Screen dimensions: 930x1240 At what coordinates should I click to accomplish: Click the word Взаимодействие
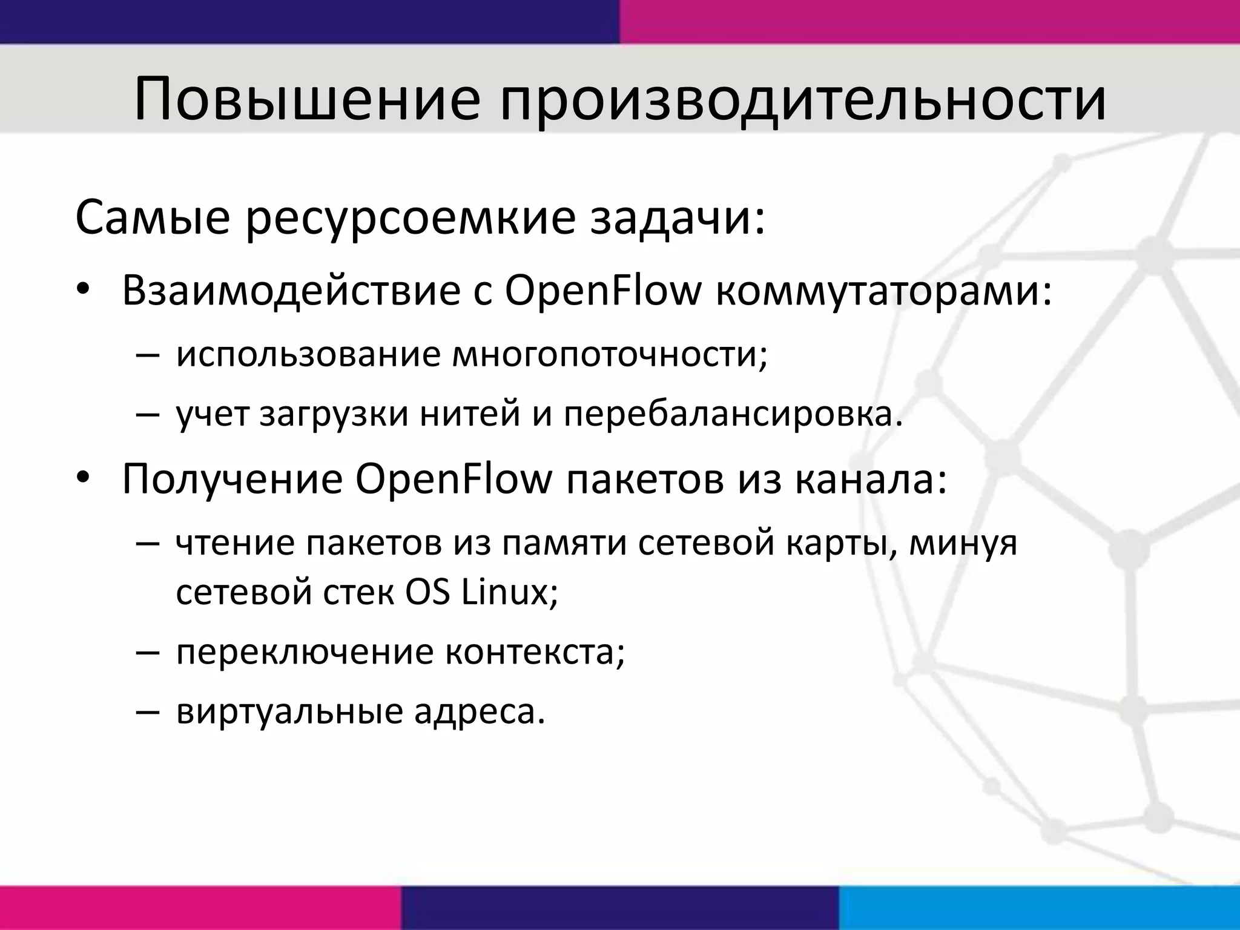(291, 291)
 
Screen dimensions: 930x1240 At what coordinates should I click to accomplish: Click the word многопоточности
(610, 354)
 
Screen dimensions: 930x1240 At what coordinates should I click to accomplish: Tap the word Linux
(509, 592)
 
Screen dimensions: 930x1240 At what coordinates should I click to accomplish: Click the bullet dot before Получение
(84, 480)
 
